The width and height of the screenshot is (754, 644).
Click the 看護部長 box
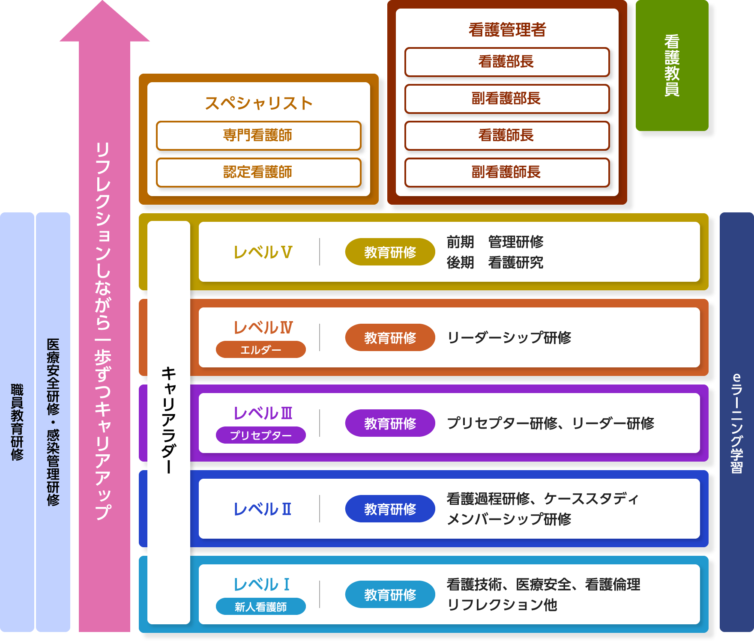(507, 62)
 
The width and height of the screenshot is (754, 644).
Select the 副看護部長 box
(507, 99)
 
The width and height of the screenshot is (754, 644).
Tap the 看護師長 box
(507, 136)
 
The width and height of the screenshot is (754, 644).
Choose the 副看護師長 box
(507, 173)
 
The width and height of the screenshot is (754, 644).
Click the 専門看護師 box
(258, 136)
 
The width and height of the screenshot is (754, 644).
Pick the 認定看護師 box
(258, 173)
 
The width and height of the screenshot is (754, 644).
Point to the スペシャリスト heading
(258, 103)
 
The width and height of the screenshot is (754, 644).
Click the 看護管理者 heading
(507, 30)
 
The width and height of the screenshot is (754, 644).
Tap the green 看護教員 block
(672, 66)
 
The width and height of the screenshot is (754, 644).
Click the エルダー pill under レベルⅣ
(260, 349)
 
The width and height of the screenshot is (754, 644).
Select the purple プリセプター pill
(260, 435)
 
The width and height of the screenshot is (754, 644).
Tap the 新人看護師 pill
(260, 606)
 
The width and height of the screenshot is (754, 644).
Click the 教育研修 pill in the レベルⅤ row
(390, 252)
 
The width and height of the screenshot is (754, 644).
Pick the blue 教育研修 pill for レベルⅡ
(390, 509)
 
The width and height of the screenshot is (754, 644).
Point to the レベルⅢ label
(263, 413)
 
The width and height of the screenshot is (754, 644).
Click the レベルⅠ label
(262, 584)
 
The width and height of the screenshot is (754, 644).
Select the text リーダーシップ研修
(509, 337)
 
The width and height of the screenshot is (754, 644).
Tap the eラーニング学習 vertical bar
(736, 422)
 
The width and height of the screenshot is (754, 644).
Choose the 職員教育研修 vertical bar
(17, 422)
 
